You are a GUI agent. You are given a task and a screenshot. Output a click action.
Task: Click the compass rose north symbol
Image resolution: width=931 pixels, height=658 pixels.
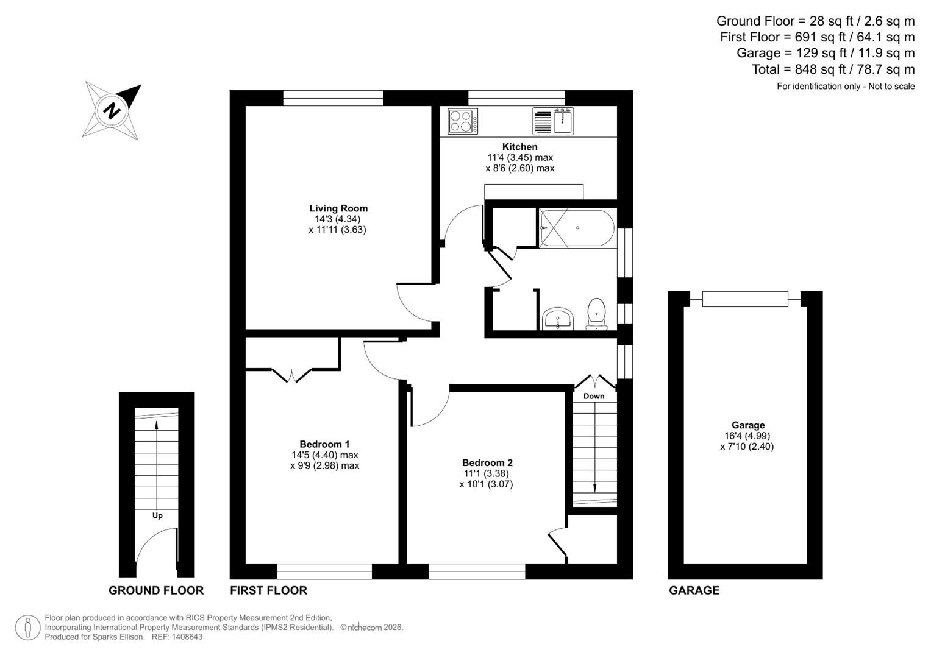pyautogui.click(x=112, y=111)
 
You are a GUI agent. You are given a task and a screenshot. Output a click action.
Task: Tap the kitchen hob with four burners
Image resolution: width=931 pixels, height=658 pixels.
pyautogui.click(x=463, y=121)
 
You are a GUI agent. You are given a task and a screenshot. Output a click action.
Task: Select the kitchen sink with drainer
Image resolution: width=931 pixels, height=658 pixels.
pyautogui.click(x=553, y=121)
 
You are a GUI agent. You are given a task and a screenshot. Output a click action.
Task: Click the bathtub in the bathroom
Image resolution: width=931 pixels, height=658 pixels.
pyautogui.click(x=577, y=228)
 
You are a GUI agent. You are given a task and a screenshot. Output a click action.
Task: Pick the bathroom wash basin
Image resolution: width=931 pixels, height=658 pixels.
pyautogui.click(x=557, y=318)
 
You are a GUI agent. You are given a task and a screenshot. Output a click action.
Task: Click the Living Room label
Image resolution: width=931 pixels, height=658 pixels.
pyautogui.click(x=338, y=208)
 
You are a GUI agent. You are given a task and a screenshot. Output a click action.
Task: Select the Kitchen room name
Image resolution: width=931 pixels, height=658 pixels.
pyautogui.click(x=519, y=147)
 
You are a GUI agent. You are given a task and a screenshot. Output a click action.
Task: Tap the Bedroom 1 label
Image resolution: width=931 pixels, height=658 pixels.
pyautogui.click(x=324, y=444)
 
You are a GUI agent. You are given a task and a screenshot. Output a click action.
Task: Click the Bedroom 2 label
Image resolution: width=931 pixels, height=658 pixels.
pyautogui.click(x=487, y=463)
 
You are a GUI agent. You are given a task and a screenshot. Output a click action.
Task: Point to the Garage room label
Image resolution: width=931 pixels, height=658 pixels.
pyautogui.click(x=748, y=425)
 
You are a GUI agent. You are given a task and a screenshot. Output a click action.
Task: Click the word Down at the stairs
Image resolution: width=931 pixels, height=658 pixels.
pyautogui.click(x=594, y=396)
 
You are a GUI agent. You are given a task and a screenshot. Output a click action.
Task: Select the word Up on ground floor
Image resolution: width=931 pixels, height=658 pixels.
pyautogui.click(x=157, y=515)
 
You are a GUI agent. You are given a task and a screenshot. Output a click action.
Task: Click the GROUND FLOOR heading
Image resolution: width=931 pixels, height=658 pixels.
pyautogui.click(x=156, y=590)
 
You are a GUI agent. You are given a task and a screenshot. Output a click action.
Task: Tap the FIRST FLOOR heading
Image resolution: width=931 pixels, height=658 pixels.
pyautogui.click(x=268, y=590)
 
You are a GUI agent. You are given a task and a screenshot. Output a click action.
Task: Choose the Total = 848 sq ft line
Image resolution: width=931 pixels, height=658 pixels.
pyautogui.click(x=833, y=69)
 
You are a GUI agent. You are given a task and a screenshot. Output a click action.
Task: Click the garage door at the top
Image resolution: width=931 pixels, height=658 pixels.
pyautogui.click(x=745, y=299)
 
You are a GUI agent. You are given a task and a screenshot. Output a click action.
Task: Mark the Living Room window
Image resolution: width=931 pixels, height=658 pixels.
pyautogui.click(x=333, y=97)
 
